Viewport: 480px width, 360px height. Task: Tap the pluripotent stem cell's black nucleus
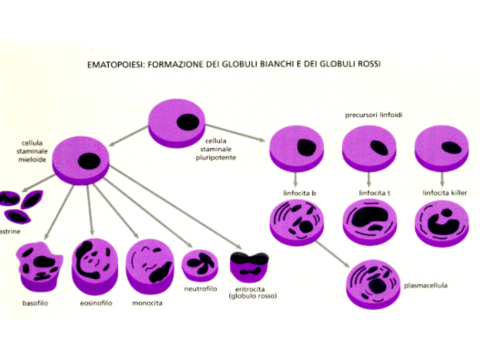(187, 122)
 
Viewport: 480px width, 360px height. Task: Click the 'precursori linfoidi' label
(373, 115)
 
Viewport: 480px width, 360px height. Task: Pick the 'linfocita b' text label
(299, 193)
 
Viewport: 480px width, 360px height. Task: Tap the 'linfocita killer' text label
(445, 193)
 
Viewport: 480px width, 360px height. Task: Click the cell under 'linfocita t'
(371, 223)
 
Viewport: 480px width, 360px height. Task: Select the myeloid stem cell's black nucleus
(88, 161)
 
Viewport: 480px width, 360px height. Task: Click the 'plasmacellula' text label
(425, 286)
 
